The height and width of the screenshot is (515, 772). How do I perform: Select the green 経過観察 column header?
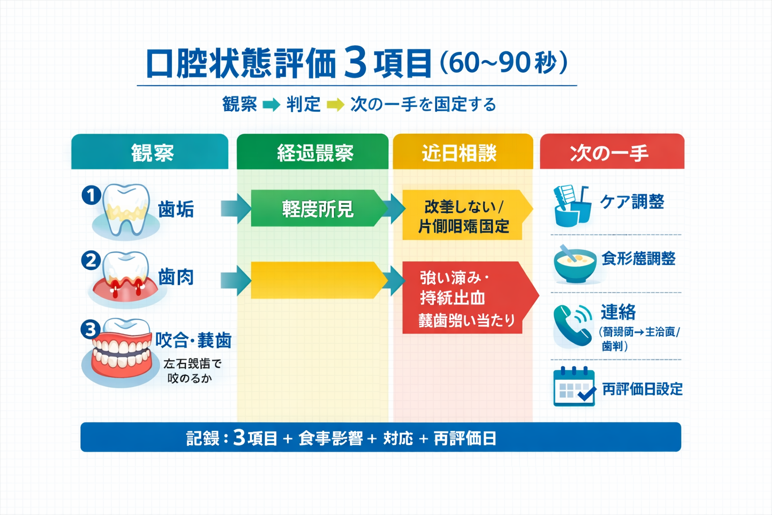[x=313, y=152]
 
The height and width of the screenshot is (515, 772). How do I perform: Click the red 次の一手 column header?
[x=612, y=152]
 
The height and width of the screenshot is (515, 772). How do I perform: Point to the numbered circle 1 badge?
[x=91, y=195]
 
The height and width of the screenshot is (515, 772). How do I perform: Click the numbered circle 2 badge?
[x=91, y=261]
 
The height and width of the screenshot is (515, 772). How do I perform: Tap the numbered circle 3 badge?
[x=90, y=329]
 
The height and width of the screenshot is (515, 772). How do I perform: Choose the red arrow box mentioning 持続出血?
[x=465, y=298]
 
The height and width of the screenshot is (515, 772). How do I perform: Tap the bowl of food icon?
[x=574, y=264]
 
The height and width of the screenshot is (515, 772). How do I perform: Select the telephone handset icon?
[x=572, y=325]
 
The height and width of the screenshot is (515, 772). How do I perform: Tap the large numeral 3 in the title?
[x=356, y=63]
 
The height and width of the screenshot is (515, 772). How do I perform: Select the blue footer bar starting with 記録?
[x=380, y=438]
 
